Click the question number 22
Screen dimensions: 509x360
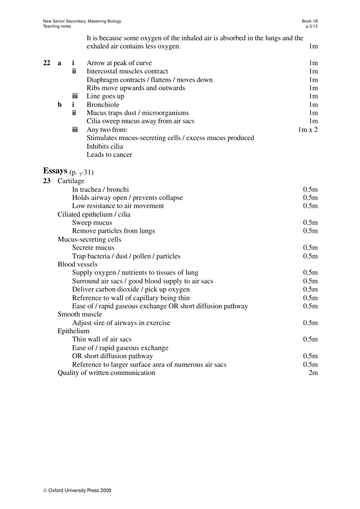click(x=47, y=63)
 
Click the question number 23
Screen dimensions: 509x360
click(x=47, y=181)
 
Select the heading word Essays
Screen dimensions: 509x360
click(x=55, y=171)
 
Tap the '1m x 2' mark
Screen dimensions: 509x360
click(x=308, y=130)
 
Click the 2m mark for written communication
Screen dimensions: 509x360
click(x=313, y=373)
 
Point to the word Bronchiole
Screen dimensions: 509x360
click(x=103, y=105)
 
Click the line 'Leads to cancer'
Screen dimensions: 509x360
click(x=109, y=155)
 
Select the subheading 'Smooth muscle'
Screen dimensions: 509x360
click(x=80, y=314)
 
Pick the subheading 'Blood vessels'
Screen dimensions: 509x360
click(x=77, y=264)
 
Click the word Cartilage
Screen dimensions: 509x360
click(x=71, y=181)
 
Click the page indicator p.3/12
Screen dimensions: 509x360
click(x=312, y=27)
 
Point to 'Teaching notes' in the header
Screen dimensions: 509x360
click(x=57, y=27)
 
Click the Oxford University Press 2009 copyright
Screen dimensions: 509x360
click(x=77, y=490)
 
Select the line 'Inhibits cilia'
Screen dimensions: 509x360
click(x=105, y=147)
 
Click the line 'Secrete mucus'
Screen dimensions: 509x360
click(x=93, y=248)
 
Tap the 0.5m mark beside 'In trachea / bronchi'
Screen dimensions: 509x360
click(x=310, y=189)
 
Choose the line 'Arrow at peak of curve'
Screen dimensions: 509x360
click(x=119, y=63)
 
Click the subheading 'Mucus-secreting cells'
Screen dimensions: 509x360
click(x=89, y=239)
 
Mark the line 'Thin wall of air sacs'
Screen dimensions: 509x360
click(x=102, y=339)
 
